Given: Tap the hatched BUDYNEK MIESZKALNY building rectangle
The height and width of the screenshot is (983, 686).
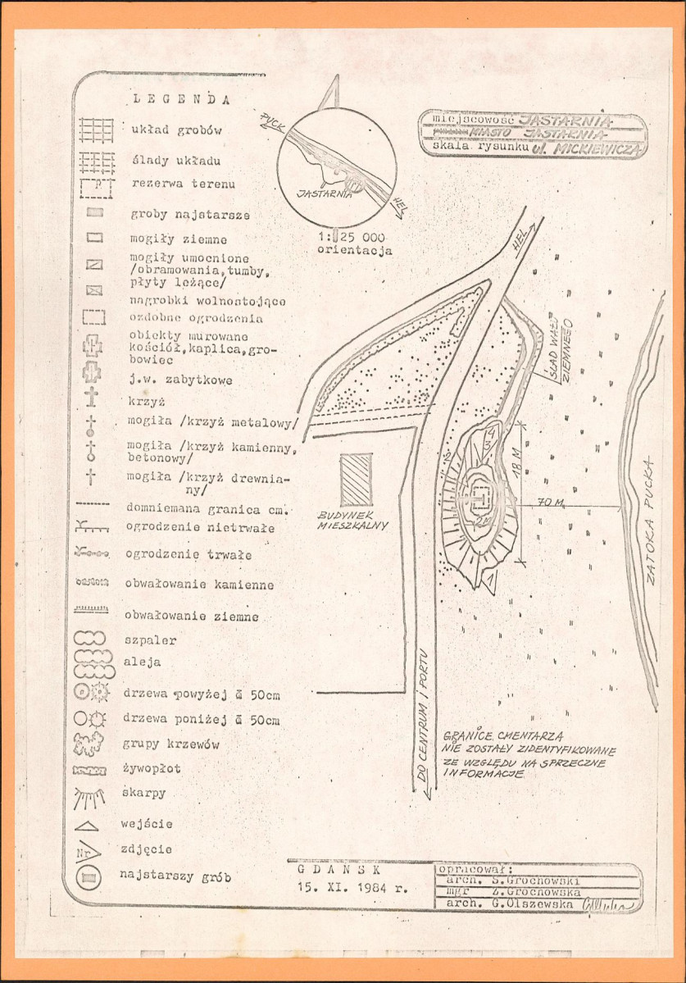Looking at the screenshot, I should click(x=356, y=480).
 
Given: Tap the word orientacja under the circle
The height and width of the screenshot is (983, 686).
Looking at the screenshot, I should click(x=354, y=250).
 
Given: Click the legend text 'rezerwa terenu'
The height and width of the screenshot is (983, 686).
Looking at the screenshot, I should click(x=183, y=184).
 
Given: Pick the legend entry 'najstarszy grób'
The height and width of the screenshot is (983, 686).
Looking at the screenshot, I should click(x=175, y=876).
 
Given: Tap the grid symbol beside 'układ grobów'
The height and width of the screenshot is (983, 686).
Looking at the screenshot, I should click(x=96, y=131).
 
